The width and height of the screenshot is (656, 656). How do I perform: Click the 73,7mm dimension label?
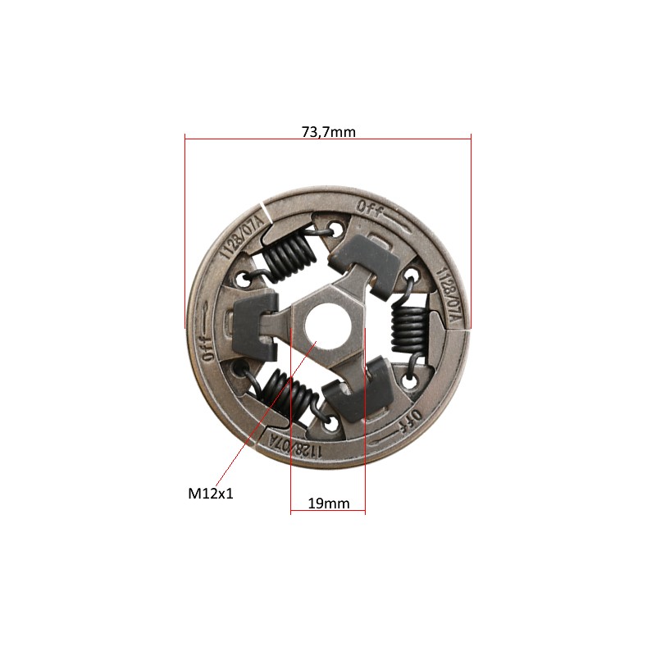pos(329,132)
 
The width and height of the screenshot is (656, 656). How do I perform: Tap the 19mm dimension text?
pos(329,503)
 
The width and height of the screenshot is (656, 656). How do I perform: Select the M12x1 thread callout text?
pos(211,494)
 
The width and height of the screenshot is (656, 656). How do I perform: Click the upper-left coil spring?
pos(289,254)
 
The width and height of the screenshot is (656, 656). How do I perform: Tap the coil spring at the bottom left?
pos(289,394)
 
